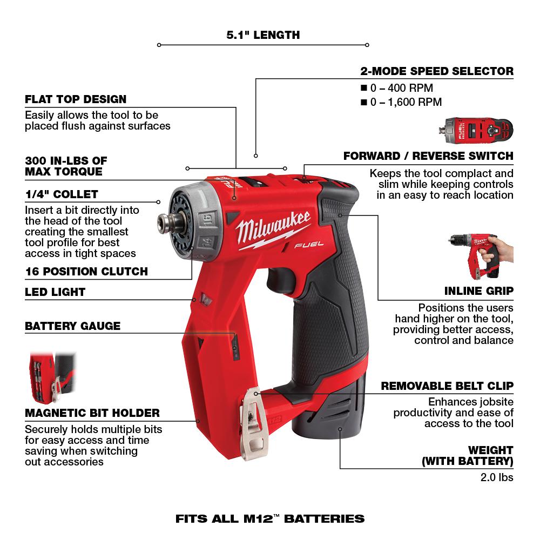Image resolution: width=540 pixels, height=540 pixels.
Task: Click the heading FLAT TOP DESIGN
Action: [x=76, y=99]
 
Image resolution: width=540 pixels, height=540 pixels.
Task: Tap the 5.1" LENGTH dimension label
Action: [x=263, y=36]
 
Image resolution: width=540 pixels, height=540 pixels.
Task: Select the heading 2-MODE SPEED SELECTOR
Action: [x=436, y=71]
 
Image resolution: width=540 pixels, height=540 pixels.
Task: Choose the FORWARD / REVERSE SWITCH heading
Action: [x=428, y=156]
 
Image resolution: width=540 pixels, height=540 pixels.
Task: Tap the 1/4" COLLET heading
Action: [x=62, y=194]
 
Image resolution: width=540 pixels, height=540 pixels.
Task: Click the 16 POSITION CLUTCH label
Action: [x=86, y=271]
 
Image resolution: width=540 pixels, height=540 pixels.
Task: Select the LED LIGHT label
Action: [x=55, y=292]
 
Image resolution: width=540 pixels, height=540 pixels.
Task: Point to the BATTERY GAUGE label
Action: [x=72, y=326]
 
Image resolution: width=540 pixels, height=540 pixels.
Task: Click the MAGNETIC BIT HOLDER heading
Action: [x=92, y=413]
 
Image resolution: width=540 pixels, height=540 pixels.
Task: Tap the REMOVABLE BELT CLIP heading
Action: [x=447, y=386]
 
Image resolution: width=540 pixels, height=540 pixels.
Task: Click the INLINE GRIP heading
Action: [x=479, y=291]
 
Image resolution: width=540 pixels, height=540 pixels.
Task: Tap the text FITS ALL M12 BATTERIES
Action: [x=270, y=519]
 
